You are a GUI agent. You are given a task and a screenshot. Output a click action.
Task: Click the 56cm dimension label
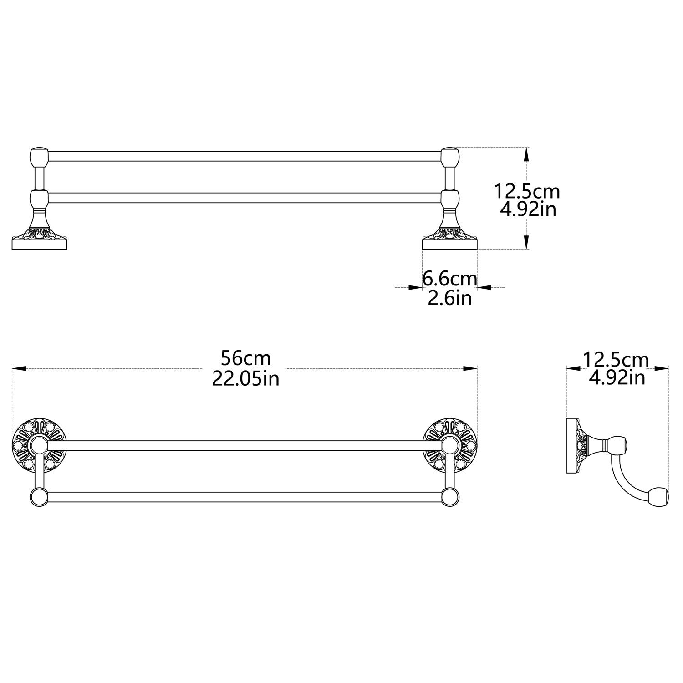(x=245, y=359)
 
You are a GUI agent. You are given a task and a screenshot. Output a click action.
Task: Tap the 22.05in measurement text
(x=245, y=378)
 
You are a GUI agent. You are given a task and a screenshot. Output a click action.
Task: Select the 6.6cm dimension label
(x=450, y=279)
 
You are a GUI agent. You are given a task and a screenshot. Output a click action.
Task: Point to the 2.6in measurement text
(x=450, y=298)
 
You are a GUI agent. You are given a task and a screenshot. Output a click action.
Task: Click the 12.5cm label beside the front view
(x=527, y=191)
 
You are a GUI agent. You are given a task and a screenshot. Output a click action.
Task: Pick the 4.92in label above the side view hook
(x=617, y=378)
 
